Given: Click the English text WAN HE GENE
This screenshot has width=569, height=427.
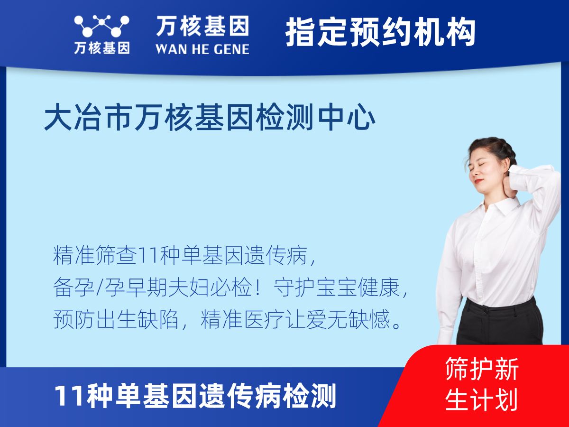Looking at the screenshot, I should click(202, 48).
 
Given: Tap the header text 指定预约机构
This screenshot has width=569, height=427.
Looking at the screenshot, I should click(380, 33).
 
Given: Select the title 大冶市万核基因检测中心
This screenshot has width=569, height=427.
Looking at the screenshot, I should click(210, 119).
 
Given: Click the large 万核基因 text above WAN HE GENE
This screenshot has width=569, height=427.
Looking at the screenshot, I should click(202, 26).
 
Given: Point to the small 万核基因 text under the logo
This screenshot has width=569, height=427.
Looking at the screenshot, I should click(101, 48).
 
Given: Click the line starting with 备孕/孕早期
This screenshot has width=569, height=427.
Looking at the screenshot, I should click(230, 288).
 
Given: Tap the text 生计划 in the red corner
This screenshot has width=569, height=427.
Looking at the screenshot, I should click(482, 399).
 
